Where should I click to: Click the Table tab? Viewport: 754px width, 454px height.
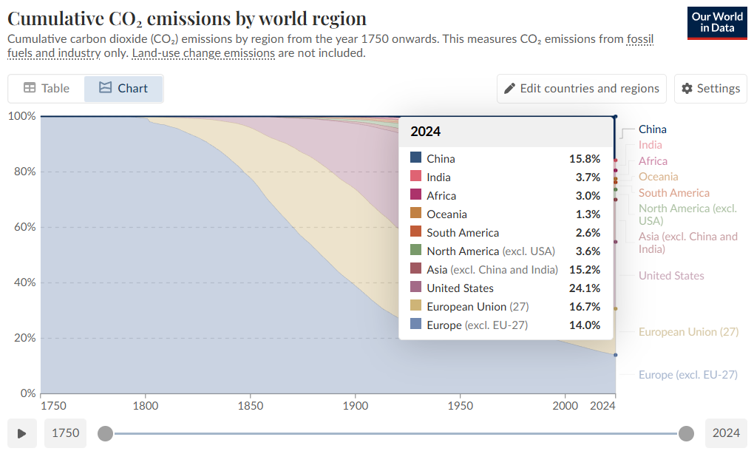46,88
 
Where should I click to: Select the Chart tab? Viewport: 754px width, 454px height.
123,88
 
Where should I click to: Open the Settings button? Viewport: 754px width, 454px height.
710,88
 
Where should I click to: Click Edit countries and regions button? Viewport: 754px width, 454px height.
581,88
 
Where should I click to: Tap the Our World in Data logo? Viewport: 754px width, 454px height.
716,22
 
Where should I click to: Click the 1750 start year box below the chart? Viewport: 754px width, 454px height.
65,433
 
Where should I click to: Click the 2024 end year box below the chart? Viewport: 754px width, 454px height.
726,433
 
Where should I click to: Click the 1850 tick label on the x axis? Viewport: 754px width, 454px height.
251,406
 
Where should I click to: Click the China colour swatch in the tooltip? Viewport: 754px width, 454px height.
415,158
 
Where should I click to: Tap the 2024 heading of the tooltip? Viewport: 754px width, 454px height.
426,132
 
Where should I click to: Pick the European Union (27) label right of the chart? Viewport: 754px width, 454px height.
688,332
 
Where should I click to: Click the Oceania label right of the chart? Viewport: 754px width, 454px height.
658,177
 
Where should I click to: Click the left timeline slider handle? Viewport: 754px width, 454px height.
106,433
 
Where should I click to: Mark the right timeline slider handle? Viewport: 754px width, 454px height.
686,433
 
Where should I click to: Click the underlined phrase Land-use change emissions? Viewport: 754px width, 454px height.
203,53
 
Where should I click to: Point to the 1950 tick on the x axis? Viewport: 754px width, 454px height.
461,406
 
